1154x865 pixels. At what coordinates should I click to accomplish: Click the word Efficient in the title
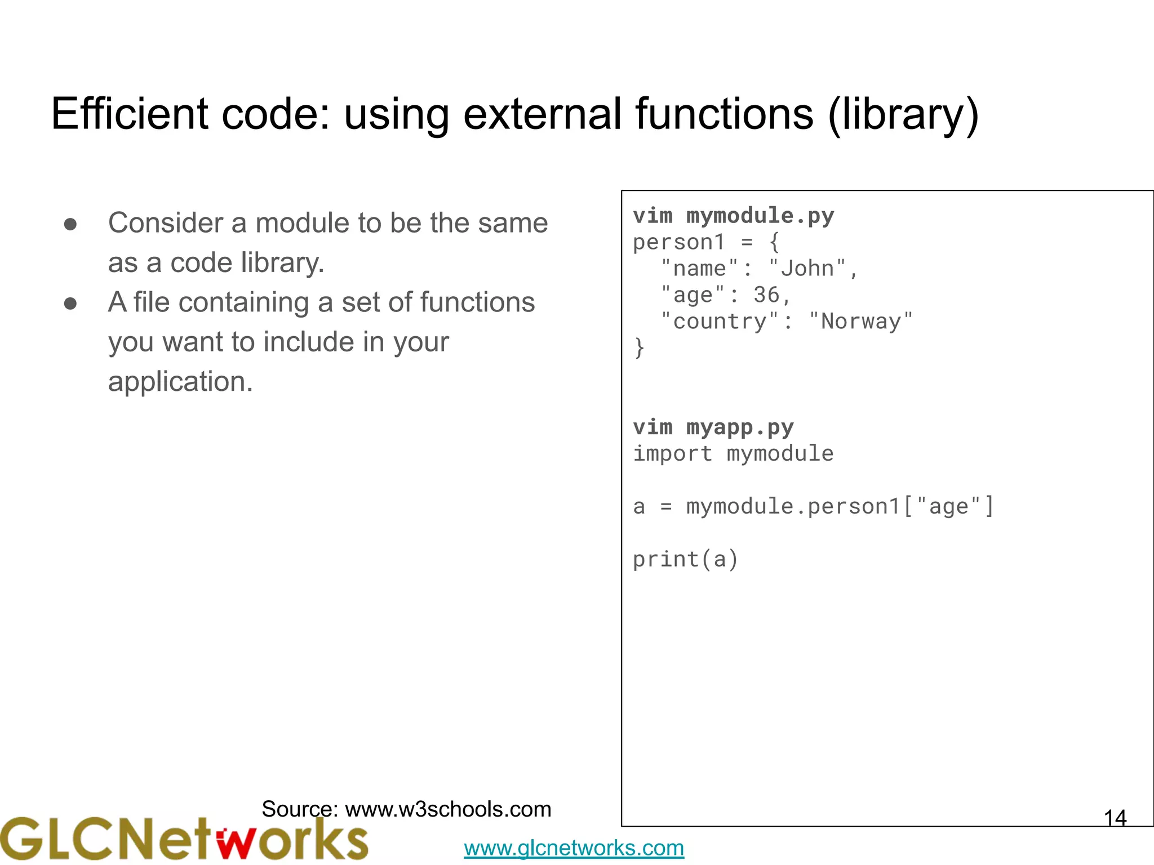point(130,114)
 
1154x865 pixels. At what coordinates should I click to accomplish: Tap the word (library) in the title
point(903,115)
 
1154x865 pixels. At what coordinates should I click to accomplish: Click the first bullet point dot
point(70,225)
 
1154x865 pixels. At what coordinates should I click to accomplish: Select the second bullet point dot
point(70,304)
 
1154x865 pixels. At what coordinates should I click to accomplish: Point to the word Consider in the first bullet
point(166,223)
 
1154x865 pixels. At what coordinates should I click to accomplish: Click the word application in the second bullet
point(180,382)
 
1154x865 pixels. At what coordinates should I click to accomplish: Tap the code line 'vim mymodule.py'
point(733,216)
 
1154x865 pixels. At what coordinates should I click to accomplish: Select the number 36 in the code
point(766,295)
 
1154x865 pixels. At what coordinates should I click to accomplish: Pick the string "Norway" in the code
point(860,322)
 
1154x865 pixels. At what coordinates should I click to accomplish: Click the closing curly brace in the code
point(639,348)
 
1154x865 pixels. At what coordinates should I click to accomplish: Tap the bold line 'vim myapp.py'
point(713,427)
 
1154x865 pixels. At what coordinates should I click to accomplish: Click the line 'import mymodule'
point(733,454)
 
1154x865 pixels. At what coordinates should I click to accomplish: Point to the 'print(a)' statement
point(685,560)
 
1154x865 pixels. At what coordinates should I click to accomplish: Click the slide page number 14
point(1115,818)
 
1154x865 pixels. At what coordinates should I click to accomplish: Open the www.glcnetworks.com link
point(574,848)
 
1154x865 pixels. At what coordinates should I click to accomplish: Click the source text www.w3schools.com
point(448,809)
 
